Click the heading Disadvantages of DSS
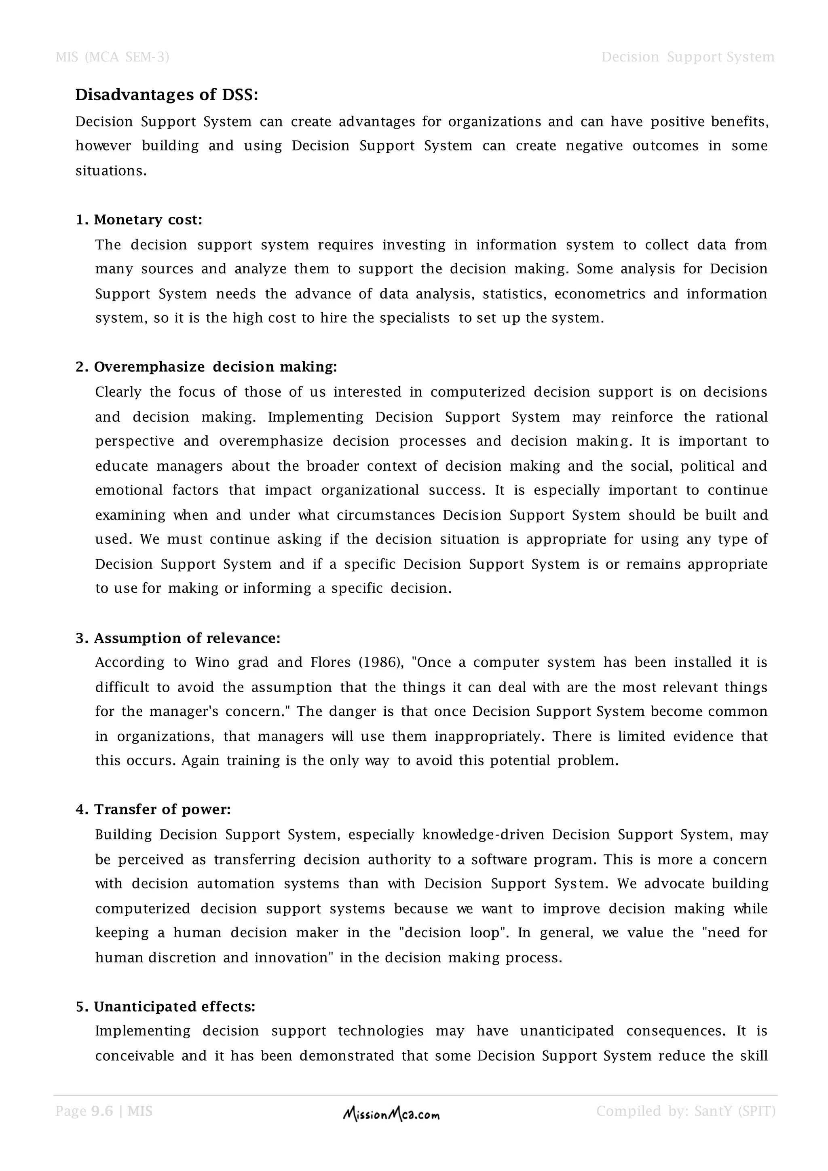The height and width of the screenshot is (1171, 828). (x=167, y=95)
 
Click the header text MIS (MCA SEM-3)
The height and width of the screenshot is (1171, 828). (x=112, y=57)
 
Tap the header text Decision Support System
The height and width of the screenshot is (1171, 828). (x=688, y=57)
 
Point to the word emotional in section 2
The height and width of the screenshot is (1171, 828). (x=129, y=490)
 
